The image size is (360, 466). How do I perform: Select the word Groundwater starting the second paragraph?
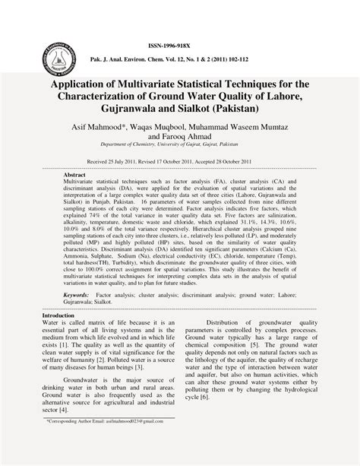(88, 379)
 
